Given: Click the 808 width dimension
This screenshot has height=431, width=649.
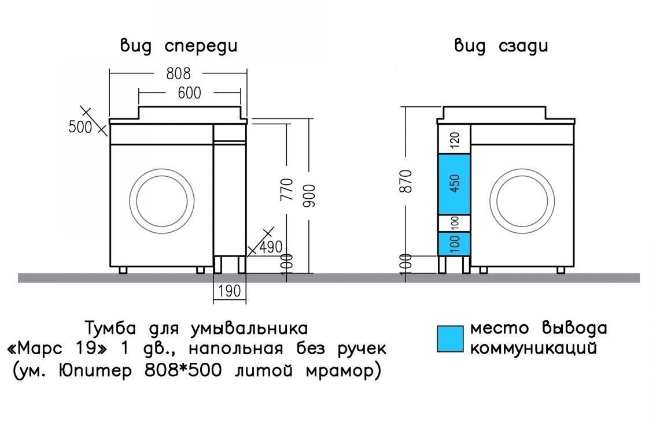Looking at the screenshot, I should click(x=178, y=73).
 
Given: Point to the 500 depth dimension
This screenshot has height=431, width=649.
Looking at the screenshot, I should click(x=80, y=127).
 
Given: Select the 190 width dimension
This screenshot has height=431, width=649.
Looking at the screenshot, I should click(x=230, y=291).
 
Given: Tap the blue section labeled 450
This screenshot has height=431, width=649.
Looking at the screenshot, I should click(x=455, y=184).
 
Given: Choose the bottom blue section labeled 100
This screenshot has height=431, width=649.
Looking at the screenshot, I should click(x=455, y=243).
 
